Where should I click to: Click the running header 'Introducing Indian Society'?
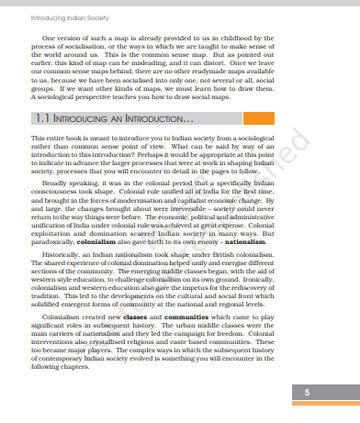pos(43,17)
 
